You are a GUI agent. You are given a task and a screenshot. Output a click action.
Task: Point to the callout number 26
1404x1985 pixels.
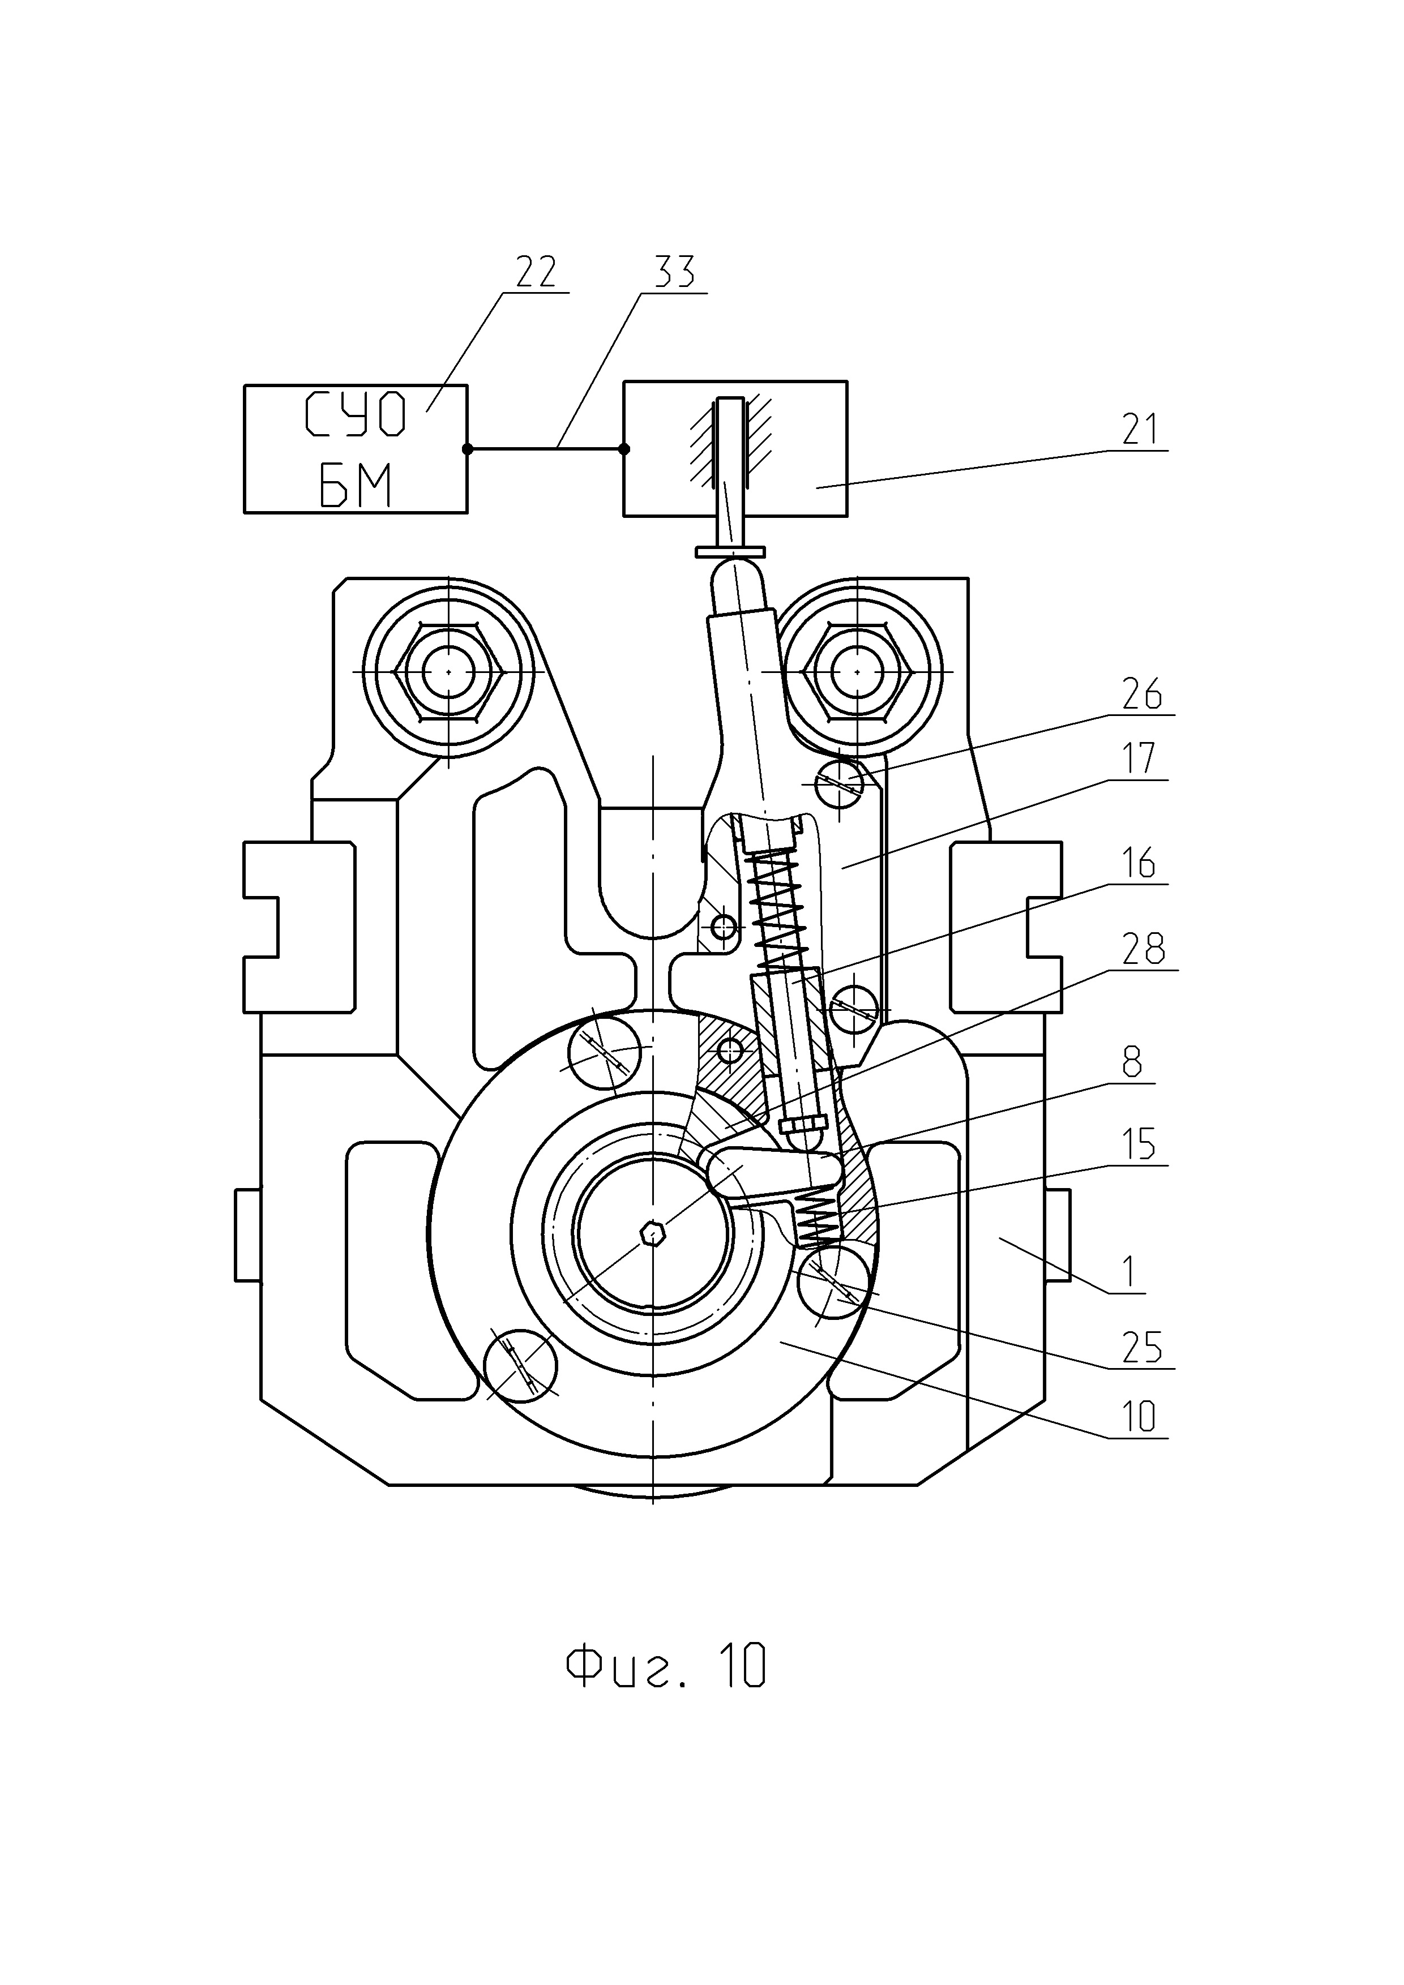point(1142,694)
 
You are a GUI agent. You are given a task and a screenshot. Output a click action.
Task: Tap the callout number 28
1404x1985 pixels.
point(1144,949)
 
